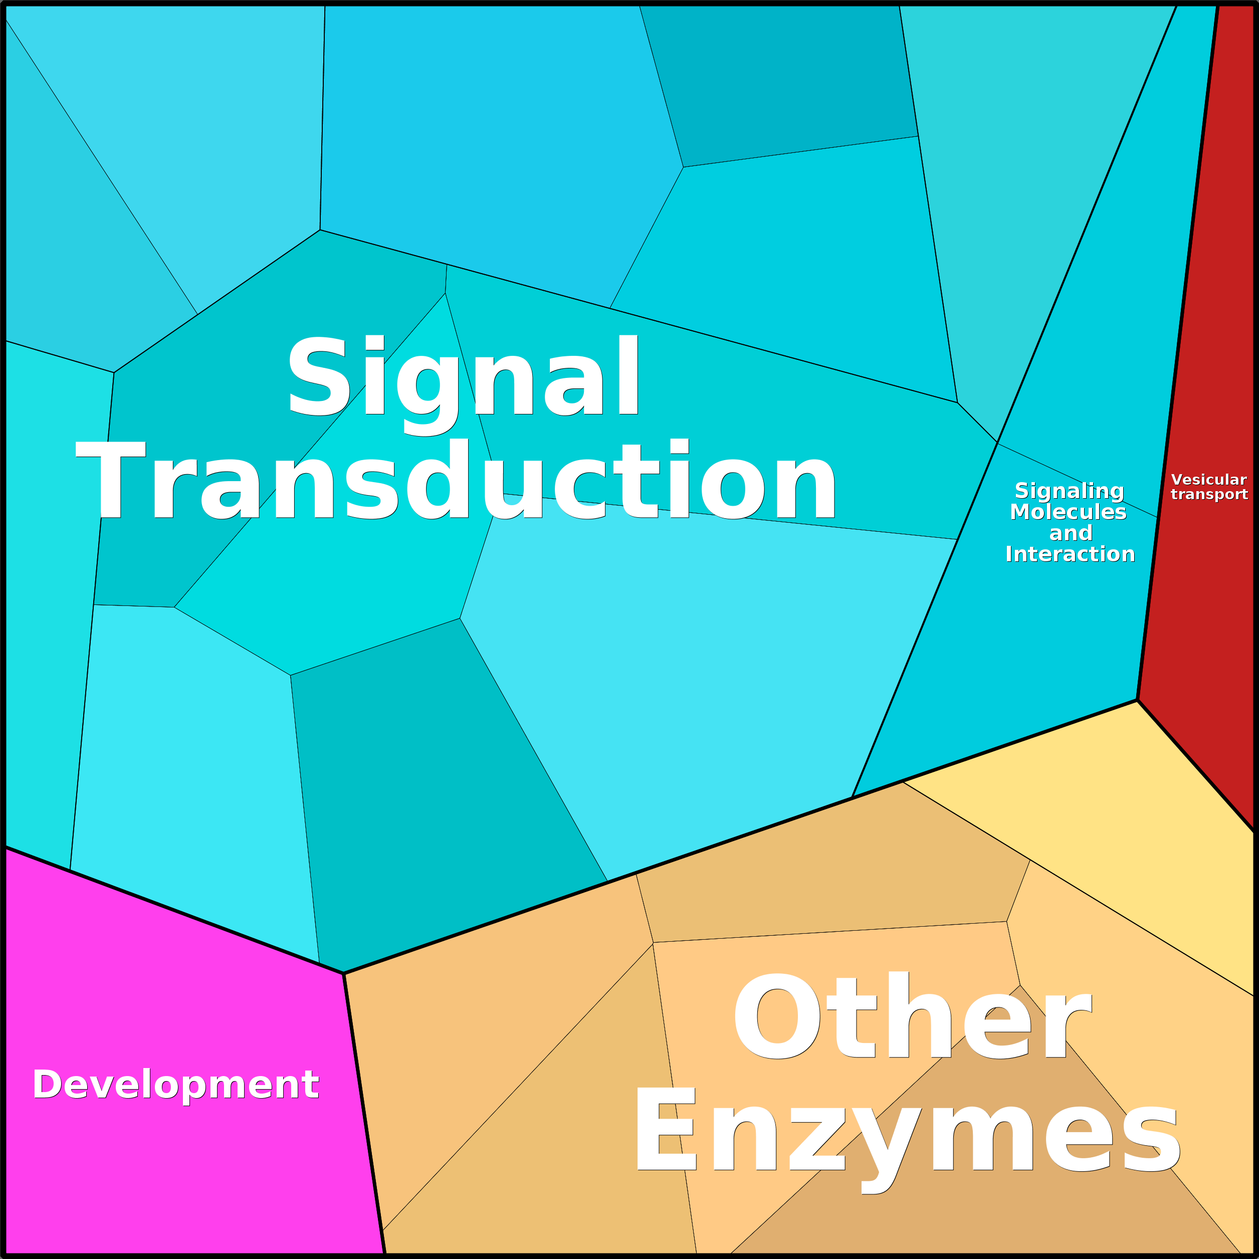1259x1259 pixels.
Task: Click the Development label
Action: (175, 1085)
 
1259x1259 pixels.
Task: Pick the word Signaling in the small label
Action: (1070, 491)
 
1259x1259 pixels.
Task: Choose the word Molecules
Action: (1068, 512)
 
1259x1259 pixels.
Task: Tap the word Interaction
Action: (1070, 554)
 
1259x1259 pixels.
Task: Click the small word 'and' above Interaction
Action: (1071, 534)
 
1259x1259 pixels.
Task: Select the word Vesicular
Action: (1209, 480)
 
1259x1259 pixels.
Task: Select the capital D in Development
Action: (47, 1085)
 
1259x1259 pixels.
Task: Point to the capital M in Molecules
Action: (1022, 512)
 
